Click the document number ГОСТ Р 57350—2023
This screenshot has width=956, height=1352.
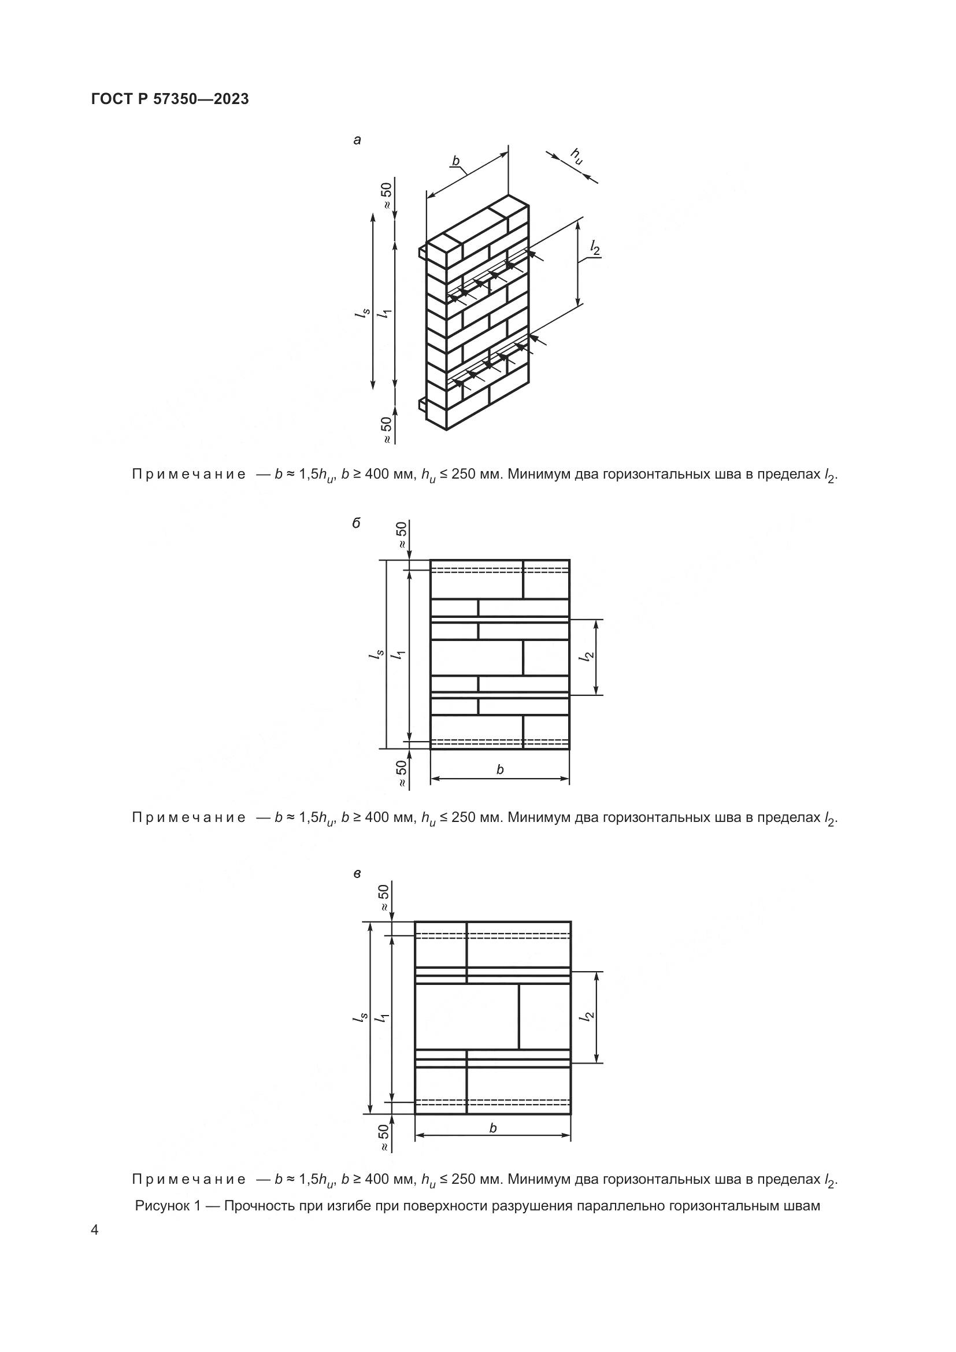click(170, 99)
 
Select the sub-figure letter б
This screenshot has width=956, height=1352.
click(357, 523)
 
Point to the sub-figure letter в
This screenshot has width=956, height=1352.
click(357, 874)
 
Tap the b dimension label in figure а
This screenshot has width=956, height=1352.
click(455, 161)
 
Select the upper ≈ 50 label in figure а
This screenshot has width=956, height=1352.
click(386, 195)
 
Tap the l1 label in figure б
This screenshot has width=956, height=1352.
click(399, 654)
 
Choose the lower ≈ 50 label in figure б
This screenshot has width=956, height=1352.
click(402, 773)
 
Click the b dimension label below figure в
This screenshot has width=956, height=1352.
click(492, 1128)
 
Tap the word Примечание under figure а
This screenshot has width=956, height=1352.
click(188, 475)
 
